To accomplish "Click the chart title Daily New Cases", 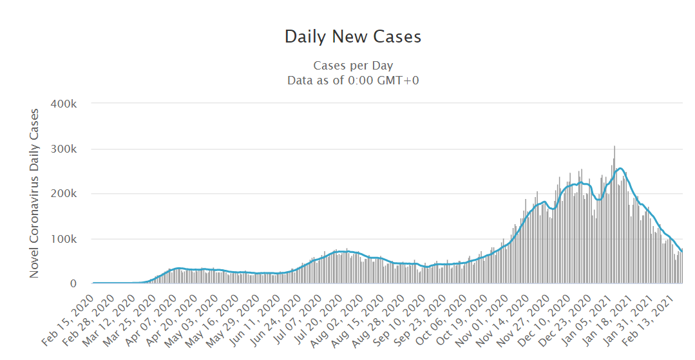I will [353, 37].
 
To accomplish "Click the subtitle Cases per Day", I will [353, 66].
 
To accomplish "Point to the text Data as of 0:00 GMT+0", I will [353, 81].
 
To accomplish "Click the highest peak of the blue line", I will [620, 169].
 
